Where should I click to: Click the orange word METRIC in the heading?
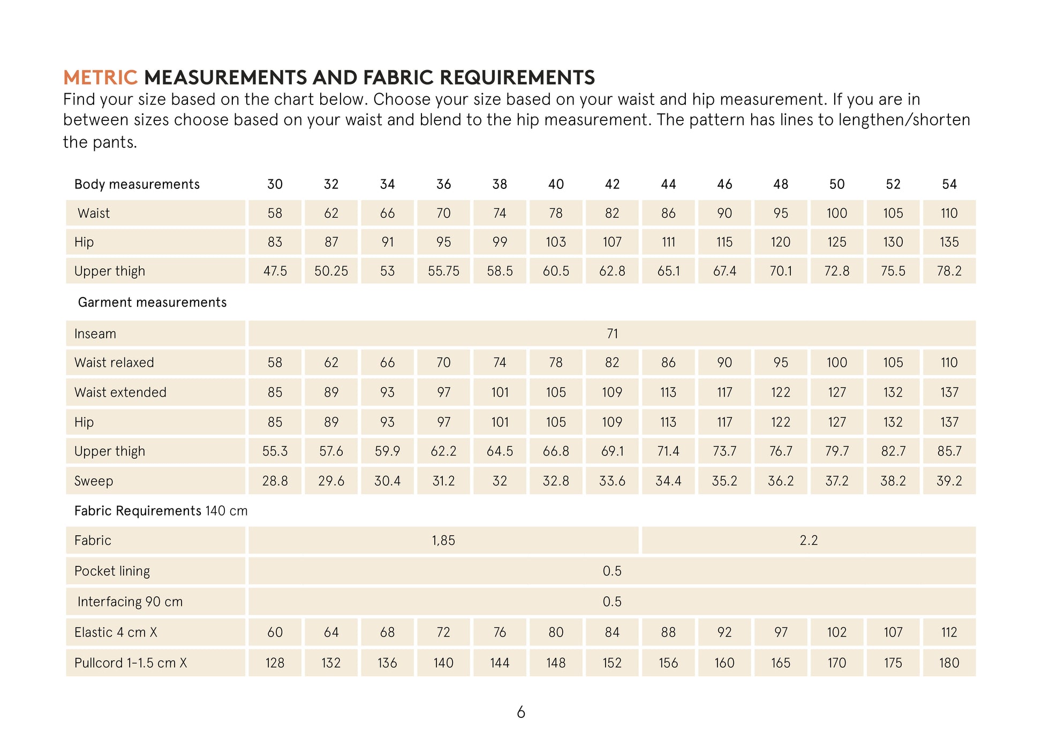(x=100, y=78)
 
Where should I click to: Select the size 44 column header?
(x=668, y=184)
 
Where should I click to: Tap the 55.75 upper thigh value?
(x=443, y=271)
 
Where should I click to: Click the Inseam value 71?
(x=612, y=333)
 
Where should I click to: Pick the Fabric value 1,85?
(x=443, y=540)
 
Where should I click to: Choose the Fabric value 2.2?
(x=809, y=540)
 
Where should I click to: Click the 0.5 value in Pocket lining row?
(x=612, y=571)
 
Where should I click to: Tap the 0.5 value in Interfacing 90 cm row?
(x=612, y=602)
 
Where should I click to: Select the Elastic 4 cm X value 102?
(x=837, y=632)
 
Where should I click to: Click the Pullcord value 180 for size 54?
(x=949, y=663)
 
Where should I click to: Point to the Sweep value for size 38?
(x=500, y=481)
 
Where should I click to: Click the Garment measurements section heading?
(x=152, y=302)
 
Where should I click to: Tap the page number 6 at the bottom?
(x=521, y=712)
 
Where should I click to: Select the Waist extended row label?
(x=120, y=392)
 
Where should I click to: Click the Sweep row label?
(x=94, y=481)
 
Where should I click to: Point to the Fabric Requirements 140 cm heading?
(x=161, y=511)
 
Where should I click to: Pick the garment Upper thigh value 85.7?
(x=949, y=451)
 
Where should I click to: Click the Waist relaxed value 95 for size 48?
(x=781, y=362)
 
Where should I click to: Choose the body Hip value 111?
(x=668, y=242)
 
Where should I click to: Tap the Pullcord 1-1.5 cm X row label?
(x=131, y=663)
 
